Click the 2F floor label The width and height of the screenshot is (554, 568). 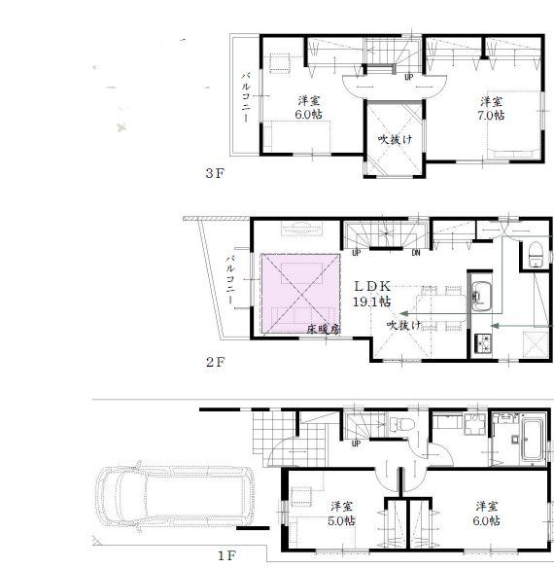click(x=214, y=361)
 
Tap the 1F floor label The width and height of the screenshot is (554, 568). click(x=225, y=556)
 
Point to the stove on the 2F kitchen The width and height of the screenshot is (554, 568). click(x=481, y=343)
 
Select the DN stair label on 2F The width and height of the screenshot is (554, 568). click(x=415, y=254)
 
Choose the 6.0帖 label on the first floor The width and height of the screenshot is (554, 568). click(x=487, y=513)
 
